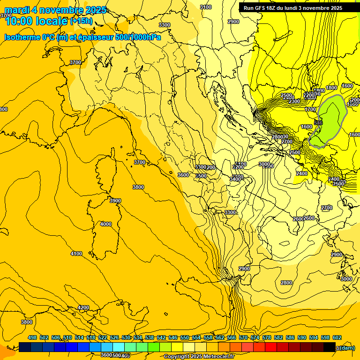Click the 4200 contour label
coord(83,307)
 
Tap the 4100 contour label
coord(76,254)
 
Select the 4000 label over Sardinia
coord(106,224)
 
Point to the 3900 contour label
coord(115,201)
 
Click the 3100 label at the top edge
coord(205,7)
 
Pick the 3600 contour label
coord(183,175)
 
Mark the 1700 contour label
coord(310,109)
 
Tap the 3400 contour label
coord(235,179)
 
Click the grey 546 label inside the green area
coord(318,123)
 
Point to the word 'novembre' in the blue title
coord(61,10)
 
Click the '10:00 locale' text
coord(36,21)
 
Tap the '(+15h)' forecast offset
coord(81,21)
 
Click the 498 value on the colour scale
coord(32,337)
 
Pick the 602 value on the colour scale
coord(337,337)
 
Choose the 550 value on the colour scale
coord(185,337)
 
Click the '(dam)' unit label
coord(346,348)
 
